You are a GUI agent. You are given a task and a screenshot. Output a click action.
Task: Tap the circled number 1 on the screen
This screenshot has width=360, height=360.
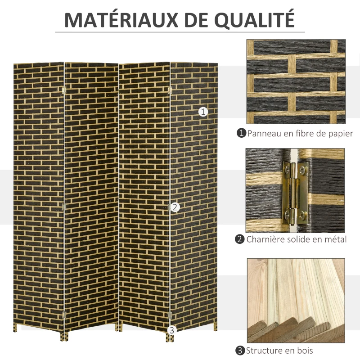(x=203, y=112)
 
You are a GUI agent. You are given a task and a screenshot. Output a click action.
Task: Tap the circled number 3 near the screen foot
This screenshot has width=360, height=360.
(x=171, y=330)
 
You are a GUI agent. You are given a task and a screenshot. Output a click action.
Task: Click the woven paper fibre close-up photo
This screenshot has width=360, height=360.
(x=296, y=81)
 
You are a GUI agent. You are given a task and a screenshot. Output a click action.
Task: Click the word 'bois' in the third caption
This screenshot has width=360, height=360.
(x=304, y=350)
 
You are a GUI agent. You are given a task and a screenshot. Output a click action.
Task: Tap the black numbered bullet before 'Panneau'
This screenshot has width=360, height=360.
(x=242, y=133)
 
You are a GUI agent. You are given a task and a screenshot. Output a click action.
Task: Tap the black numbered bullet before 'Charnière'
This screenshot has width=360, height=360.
(x=240, y=239)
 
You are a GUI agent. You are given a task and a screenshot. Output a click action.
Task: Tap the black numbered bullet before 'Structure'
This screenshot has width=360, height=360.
(x=240, y=350)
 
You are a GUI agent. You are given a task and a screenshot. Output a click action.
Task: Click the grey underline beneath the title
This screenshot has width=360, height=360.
(x=180, y=32)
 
